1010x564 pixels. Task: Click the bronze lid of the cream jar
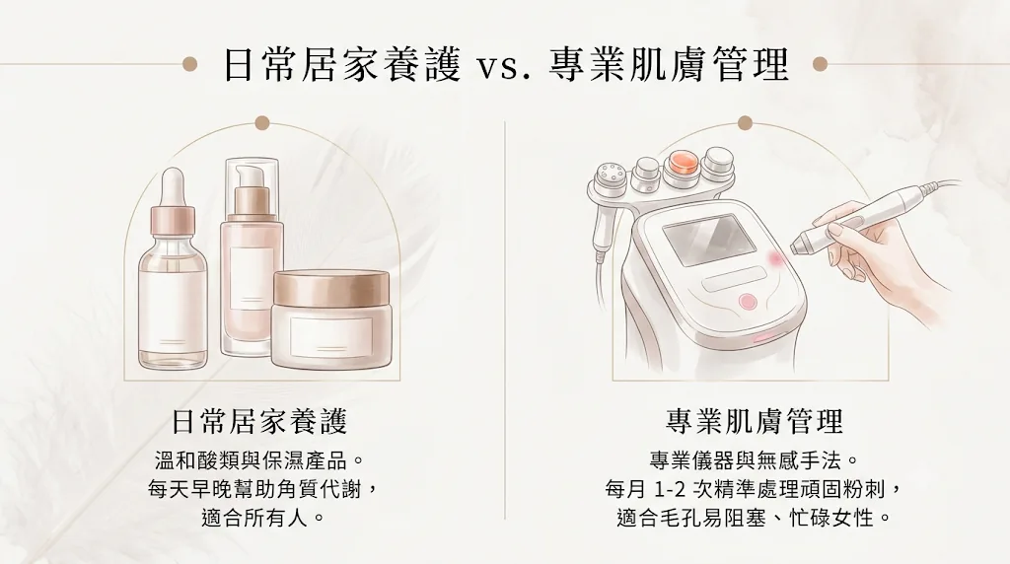pyautogui.click(x=331, y=288)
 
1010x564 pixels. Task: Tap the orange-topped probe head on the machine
pyautogui.click(x=684, y=165)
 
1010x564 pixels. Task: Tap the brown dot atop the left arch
pyautogui.click(x=261, y=123)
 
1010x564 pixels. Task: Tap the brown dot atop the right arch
pyautogui.click(x=746, y=123)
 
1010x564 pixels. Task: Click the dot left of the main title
pyautogui.click(x=189, y=64)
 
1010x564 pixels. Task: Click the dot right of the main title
pyautogui.click(x=820, y=64)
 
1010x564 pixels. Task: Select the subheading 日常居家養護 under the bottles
pyautogui.click(x=259, y=422)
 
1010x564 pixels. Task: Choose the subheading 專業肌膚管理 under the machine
pyautogui.click(x=755, y=422)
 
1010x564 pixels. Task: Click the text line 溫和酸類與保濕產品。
pyautogui.click(x=260, y=461)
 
